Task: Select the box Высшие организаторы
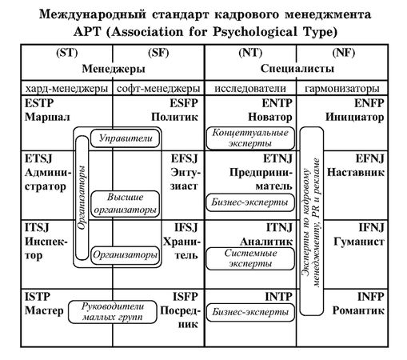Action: pyautogui.click(x=123, y=203)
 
